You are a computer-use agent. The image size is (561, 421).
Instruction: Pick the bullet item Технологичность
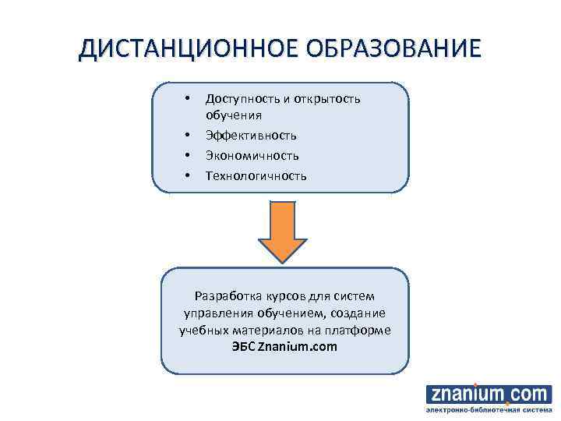click(x=256, y=176)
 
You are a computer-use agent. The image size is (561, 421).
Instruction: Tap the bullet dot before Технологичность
click(x=187, y=176)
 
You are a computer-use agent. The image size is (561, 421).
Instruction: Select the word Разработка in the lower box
click(x=226, y=296)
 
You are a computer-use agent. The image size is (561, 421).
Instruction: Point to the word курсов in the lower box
click(x=281, y=296)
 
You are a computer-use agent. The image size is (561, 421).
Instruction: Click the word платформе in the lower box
click(x=359, y=330)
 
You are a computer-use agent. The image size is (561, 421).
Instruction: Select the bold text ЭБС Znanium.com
click(x=284, y=346)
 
